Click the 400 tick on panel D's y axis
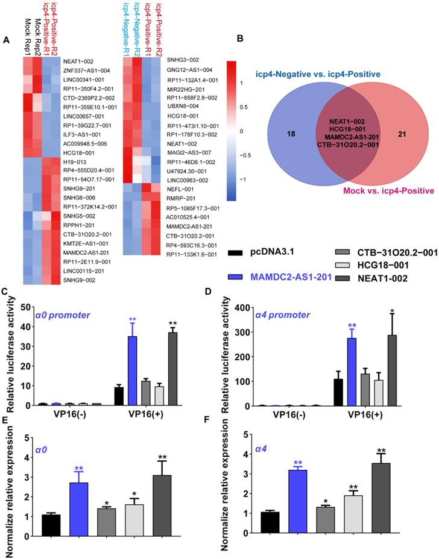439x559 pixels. click(x=242, y=308)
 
